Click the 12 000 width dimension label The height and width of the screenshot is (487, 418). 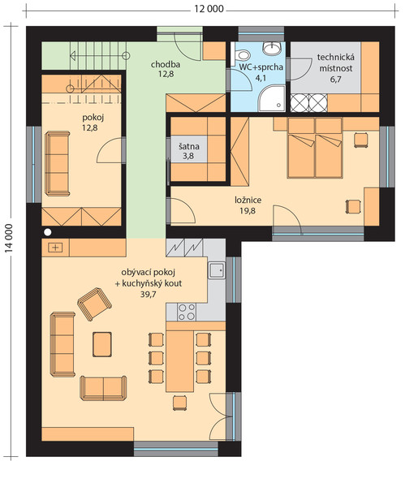(209, 9)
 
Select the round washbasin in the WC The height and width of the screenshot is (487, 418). (273, 49)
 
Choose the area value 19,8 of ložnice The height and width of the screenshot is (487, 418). (248, 211)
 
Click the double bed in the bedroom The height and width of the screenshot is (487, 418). (315, 148)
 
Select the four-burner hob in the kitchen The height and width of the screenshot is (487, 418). (187, 312)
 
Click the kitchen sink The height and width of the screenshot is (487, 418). (217, 270)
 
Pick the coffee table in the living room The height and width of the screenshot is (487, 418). (102, 344)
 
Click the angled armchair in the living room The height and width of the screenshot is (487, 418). (94, 304)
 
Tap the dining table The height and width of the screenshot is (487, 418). (180, 361)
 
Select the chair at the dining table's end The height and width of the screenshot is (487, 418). (180, 403)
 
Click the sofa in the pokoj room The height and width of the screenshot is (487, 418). (57, 163)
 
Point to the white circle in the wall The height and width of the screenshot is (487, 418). (48, 231)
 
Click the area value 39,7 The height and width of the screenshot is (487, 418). (149, 294)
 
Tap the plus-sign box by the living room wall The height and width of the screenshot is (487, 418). (55, 248)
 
